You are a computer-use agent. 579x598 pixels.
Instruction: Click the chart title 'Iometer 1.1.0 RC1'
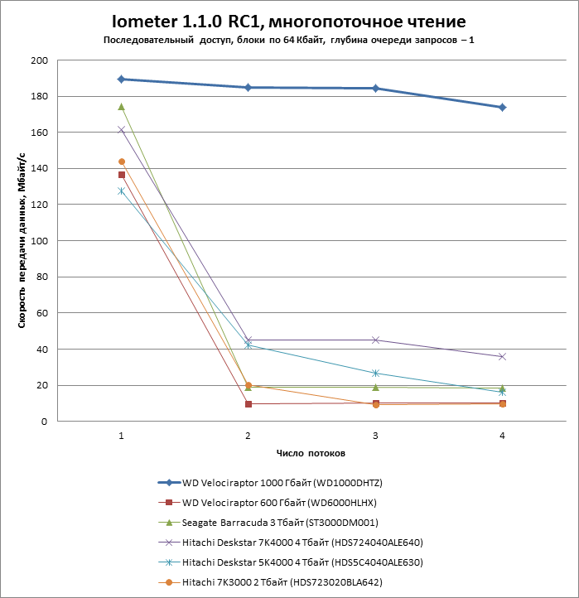click(289, 20)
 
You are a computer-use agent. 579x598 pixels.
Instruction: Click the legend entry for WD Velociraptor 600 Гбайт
click(281, 503)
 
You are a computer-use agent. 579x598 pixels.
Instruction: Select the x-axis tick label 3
click(375, 436)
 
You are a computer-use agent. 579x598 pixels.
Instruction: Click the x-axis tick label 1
click(122, 436)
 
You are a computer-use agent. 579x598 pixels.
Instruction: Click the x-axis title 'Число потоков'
click(311, 454)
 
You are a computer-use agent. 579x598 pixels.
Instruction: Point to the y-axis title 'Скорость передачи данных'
click(22, 240)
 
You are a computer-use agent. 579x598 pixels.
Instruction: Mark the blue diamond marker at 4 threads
click(502, 108)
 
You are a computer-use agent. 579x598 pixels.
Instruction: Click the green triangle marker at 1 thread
click(122, 107)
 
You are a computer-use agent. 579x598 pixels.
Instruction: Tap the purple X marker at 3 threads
click(375, 340)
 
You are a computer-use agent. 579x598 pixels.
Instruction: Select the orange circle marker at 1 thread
click(122, 162)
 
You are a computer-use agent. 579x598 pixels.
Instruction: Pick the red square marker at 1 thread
click(122, 175)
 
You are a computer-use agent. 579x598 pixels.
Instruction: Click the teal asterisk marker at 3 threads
click(375, 374)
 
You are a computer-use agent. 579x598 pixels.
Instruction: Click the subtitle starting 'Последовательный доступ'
click(289, 41)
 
